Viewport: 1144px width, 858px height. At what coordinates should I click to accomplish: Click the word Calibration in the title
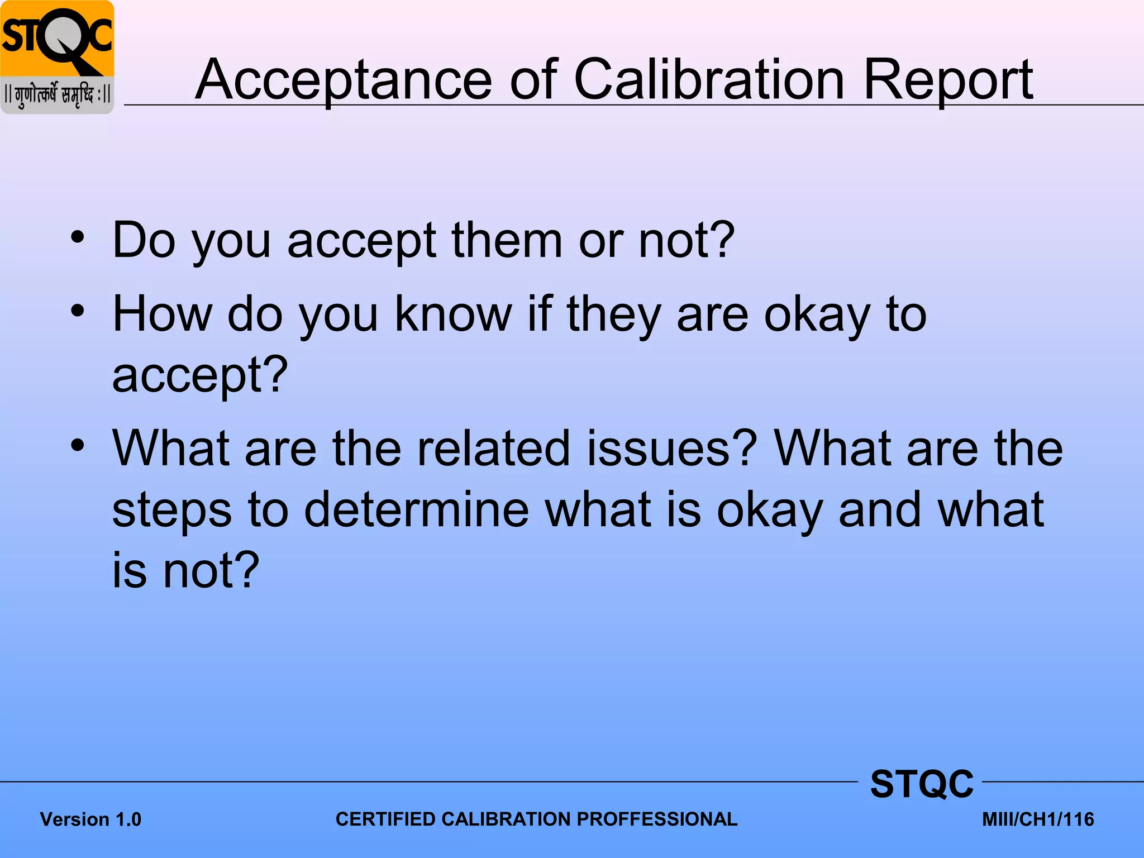tap(709, 80)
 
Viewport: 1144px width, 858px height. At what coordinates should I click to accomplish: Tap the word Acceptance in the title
tap(343, 80)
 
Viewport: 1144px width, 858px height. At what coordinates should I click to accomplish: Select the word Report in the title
tap(948, 80)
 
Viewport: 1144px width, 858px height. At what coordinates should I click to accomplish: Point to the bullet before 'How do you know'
tap(78, 311)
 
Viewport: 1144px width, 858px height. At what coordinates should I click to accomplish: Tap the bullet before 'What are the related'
tap(78, 445)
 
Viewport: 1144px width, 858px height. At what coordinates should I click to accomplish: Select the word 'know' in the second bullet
tap(453, 314)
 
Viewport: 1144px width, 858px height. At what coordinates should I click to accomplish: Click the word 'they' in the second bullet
tap(613, 314)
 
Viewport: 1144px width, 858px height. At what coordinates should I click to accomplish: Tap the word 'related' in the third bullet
tap(494, 449)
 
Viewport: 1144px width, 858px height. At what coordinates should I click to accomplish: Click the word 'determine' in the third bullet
tap(416, 509)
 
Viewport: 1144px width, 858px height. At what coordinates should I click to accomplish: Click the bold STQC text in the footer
tap(922, 784)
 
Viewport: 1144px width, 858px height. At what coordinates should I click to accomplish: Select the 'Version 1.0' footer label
tap(90, 819)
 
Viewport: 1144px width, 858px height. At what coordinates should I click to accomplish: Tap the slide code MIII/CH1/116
tap(1038, 819)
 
